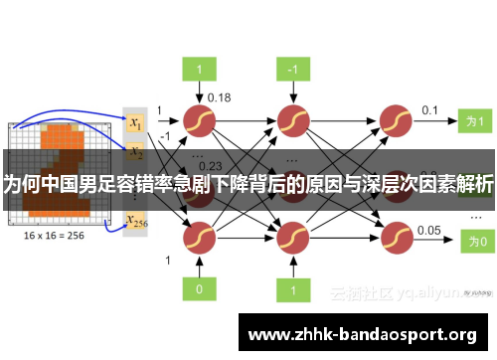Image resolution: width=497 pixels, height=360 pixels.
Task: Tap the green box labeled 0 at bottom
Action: pos(199,288)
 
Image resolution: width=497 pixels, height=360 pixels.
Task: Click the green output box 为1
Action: pos(475,121)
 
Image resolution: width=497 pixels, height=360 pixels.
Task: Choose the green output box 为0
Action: pos(475,241)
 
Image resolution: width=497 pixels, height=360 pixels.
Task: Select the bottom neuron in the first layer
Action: pos(199,238)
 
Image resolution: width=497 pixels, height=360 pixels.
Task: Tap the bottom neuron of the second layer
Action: pos(292,238)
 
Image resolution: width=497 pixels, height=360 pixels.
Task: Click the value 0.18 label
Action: pos(219,97)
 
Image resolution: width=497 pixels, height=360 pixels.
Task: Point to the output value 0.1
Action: pos(430,109)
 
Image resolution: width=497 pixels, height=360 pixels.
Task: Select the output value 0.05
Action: pos(429,230)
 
